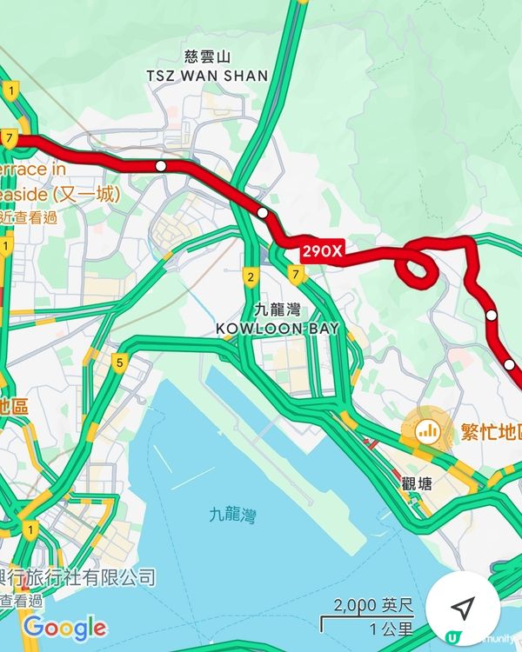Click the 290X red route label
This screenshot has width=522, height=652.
(324, 252)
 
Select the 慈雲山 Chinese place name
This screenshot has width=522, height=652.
(208, 57)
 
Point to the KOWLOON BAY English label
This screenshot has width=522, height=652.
(278, 328)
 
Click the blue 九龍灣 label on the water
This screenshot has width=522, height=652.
(233, 515)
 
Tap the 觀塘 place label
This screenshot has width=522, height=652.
(418, 484)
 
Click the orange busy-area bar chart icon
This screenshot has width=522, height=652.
(427, 429)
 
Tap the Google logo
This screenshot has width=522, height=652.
(64, 627)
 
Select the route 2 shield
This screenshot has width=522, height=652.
(251, 278)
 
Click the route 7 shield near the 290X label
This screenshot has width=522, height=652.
(297, 276)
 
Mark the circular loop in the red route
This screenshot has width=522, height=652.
(417, 267)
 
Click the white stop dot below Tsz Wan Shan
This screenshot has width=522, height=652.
(160, 165)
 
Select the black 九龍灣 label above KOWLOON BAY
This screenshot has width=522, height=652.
(278, 309)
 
